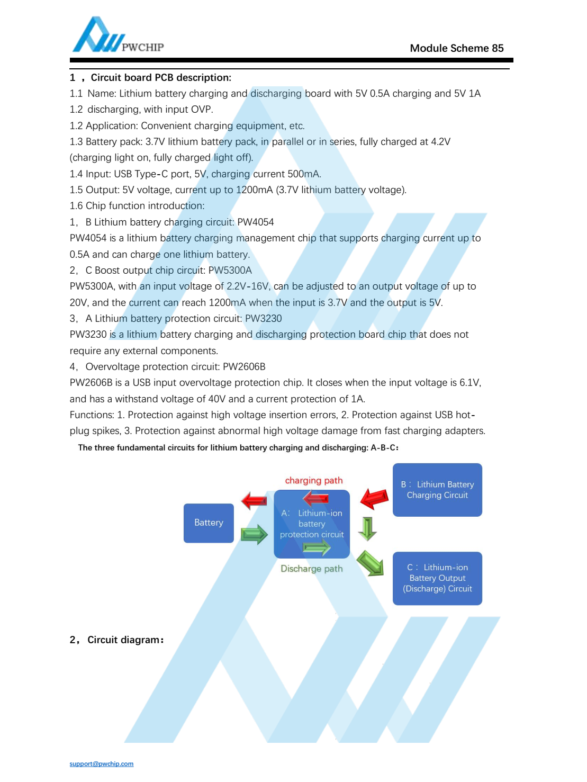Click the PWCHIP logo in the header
coord(118,36)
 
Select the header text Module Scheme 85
coord(456,48)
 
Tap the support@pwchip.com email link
coord(102,763)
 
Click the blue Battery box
coord(209,523)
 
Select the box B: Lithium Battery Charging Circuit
coord(437,490)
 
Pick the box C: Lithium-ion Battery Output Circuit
coord(437,578)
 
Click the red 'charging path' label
coord(314,480)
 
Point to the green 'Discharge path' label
coord(311,569)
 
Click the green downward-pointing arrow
coord(367,528)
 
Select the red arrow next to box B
coord(374,498)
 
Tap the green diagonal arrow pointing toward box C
coord(370,563)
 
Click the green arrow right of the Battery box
coord(255,534)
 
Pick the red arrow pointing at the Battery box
coord(254,500)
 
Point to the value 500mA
coord(304,174)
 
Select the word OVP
coord(201,110)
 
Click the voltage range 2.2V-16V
coord(248,286)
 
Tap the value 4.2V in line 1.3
coord(440,142)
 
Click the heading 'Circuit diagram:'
coord(125,640)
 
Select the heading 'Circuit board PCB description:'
coord(161,78)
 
